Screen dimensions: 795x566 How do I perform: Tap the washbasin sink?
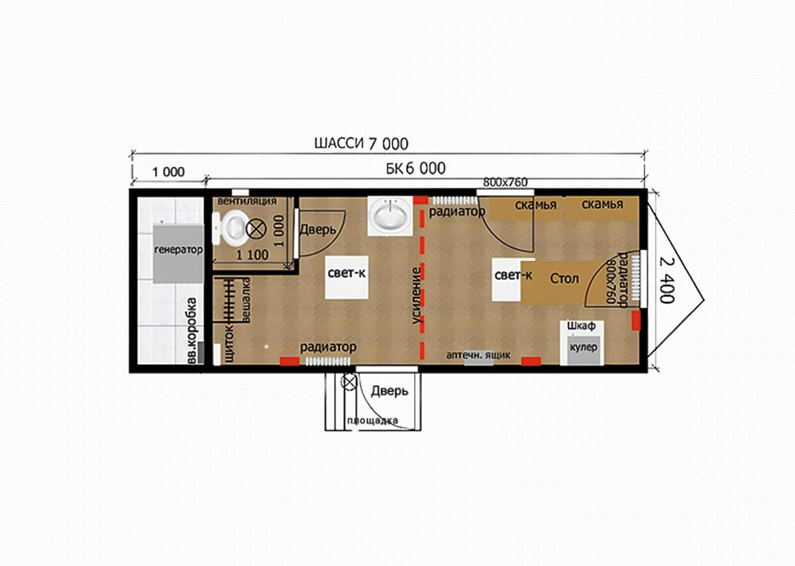[x=390, y=216]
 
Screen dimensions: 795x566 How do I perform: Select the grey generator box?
[x=178, y=254]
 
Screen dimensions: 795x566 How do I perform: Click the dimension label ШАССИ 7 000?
[x=361, y=144]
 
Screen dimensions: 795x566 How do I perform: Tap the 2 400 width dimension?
[x=666, y=280]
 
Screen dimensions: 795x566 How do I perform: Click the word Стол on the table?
[x=564, y=279]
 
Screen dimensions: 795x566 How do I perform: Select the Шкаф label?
[x=581, y=326]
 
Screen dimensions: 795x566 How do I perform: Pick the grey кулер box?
[x=584, y=350]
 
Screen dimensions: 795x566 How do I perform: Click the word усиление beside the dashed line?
[x=417, y=296]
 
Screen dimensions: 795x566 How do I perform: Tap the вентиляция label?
[x=247, y=201]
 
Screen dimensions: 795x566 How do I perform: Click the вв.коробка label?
[x=191, y=330]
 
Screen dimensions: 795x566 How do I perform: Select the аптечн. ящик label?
[x=478, y=355]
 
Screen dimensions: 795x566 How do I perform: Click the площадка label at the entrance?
[x=372, y=421]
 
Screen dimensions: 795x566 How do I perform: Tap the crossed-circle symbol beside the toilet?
[x=256, y=229]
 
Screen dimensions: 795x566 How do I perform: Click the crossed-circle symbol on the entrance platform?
[x=349, y=383]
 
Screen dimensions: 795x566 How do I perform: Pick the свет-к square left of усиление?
[x=346, y=277]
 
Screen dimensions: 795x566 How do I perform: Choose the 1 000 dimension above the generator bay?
[x=168, y=172]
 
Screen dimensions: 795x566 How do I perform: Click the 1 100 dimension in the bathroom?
[x=252, y=255]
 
